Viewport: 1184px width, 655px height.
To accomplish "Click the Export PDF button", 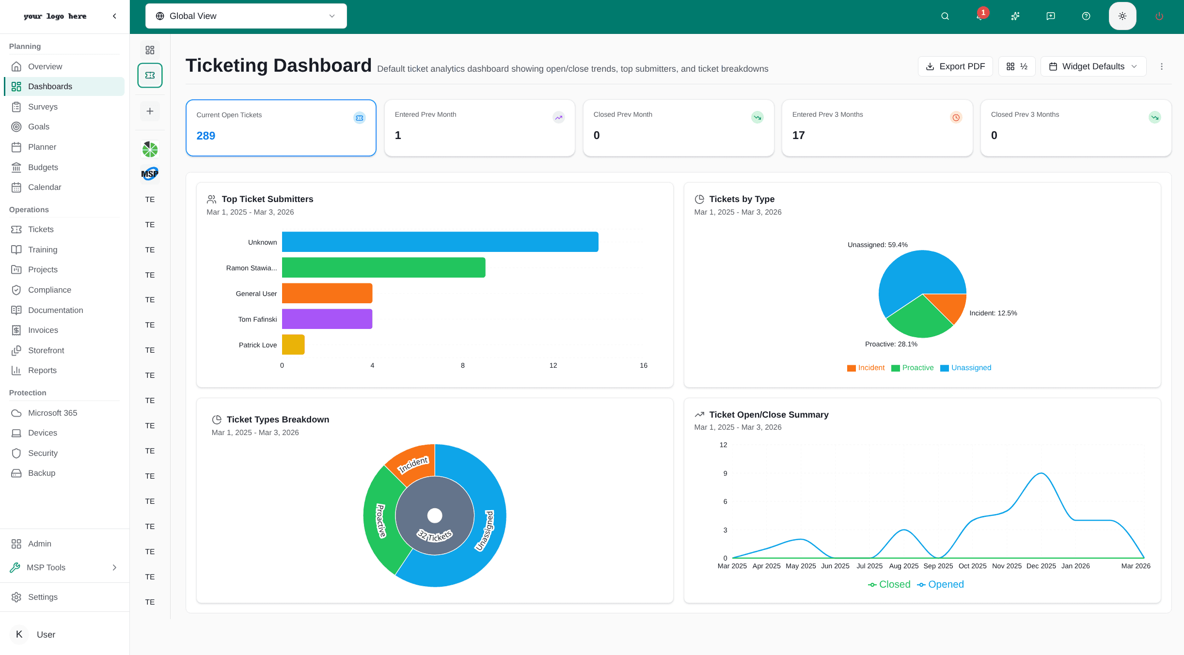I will pos(955,66).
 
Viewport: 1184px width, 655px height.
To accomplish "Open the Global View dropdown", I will pos(246,16).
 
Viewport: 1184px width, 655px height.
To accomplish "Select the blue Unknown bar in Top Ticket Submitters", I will pos(440,242).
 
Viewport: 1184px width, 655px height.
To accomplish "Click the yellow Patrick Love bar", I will pos(293,344).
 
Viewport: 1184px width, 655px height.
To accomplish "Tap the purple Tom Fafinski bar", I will pos(327,319).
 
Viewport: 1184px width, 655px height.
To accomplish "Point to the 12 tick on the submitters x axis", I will pos(553,365).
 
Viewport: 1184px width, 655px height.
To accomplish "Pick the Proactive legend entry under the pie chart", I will pos(912,368).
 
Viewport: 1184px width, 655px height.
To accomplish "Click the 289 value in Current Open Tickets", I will pos(206,136).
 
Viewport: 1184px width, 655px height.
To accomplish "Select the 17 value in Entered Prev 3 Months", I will pos(798,135).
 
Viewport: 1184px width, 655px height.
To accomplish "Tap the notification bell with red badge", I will pos(980,16).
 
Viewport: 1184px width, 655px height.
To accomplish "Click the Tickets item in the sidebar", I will pos(41,229).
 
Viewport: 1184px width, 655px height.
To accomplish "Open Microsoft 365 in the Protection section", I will pos(52,413).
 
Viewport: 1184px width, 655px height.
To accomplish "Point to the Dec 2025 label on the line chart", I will pos(1041,566).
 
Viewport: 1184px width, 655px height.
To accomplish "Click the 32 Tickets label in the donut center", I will pos(435,535).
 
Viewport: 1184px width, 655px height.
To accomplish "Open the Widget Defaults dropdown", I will pos(1093,66).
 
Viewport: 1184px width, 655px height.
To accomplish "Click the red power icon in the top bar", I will pos(1159,16).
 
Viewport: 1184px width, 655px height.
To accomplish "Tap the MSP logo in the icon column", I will pos(150,173).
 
